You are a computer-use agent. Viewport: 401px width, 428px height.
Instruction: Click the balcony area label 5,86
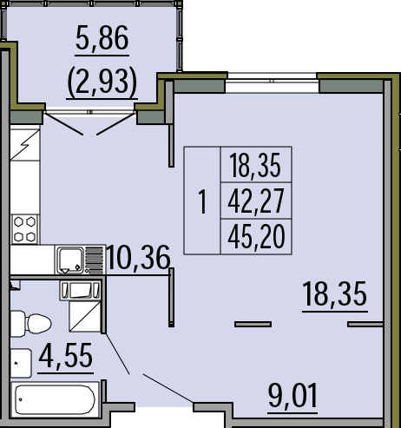point(102,38)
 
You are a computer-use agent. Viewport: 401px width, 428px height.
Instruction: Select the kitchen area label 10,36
point(138,258)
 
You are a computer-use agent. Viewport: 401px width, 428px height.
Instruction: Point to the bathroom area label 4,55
point(65,355)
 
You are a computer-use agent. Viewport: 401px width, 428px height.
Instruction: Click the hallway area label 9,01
point(293,395)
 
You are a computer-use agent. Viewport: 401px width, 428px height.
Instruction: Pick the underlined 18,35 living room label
point(335,294)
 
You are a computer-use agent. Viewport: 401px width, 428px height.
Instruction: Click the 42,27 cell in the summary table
point(256,201)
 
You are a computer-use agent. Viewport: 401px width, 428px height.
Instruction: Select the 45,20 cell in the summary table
point(256,237)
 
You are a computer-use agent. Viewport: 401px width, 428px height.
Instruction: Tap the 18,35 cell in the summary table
point(255,165)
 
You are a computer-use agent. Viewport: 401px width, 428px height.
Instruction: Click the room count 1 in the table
point(202,201)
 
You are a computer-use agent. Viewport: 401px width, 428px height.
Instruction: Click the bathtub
point(55,399)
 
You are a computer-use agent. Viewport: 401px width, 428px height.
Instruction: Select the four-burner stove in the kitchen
point(25,229)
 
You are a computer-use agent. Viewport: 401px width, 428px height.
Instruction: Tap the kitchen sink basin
point(70,260)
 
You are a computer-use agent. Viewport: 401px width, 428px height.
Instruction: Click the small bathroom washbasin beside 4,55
point(21,363)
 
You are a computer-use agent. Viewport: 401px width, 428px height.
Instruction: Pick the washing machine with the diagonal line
point(85,317)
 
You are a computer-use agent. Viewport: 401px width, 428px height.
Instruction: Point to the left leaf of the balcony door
point(63,124)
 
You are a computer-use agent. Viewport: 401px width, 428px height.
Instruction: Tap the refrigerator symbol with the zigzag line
point(25,145)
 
